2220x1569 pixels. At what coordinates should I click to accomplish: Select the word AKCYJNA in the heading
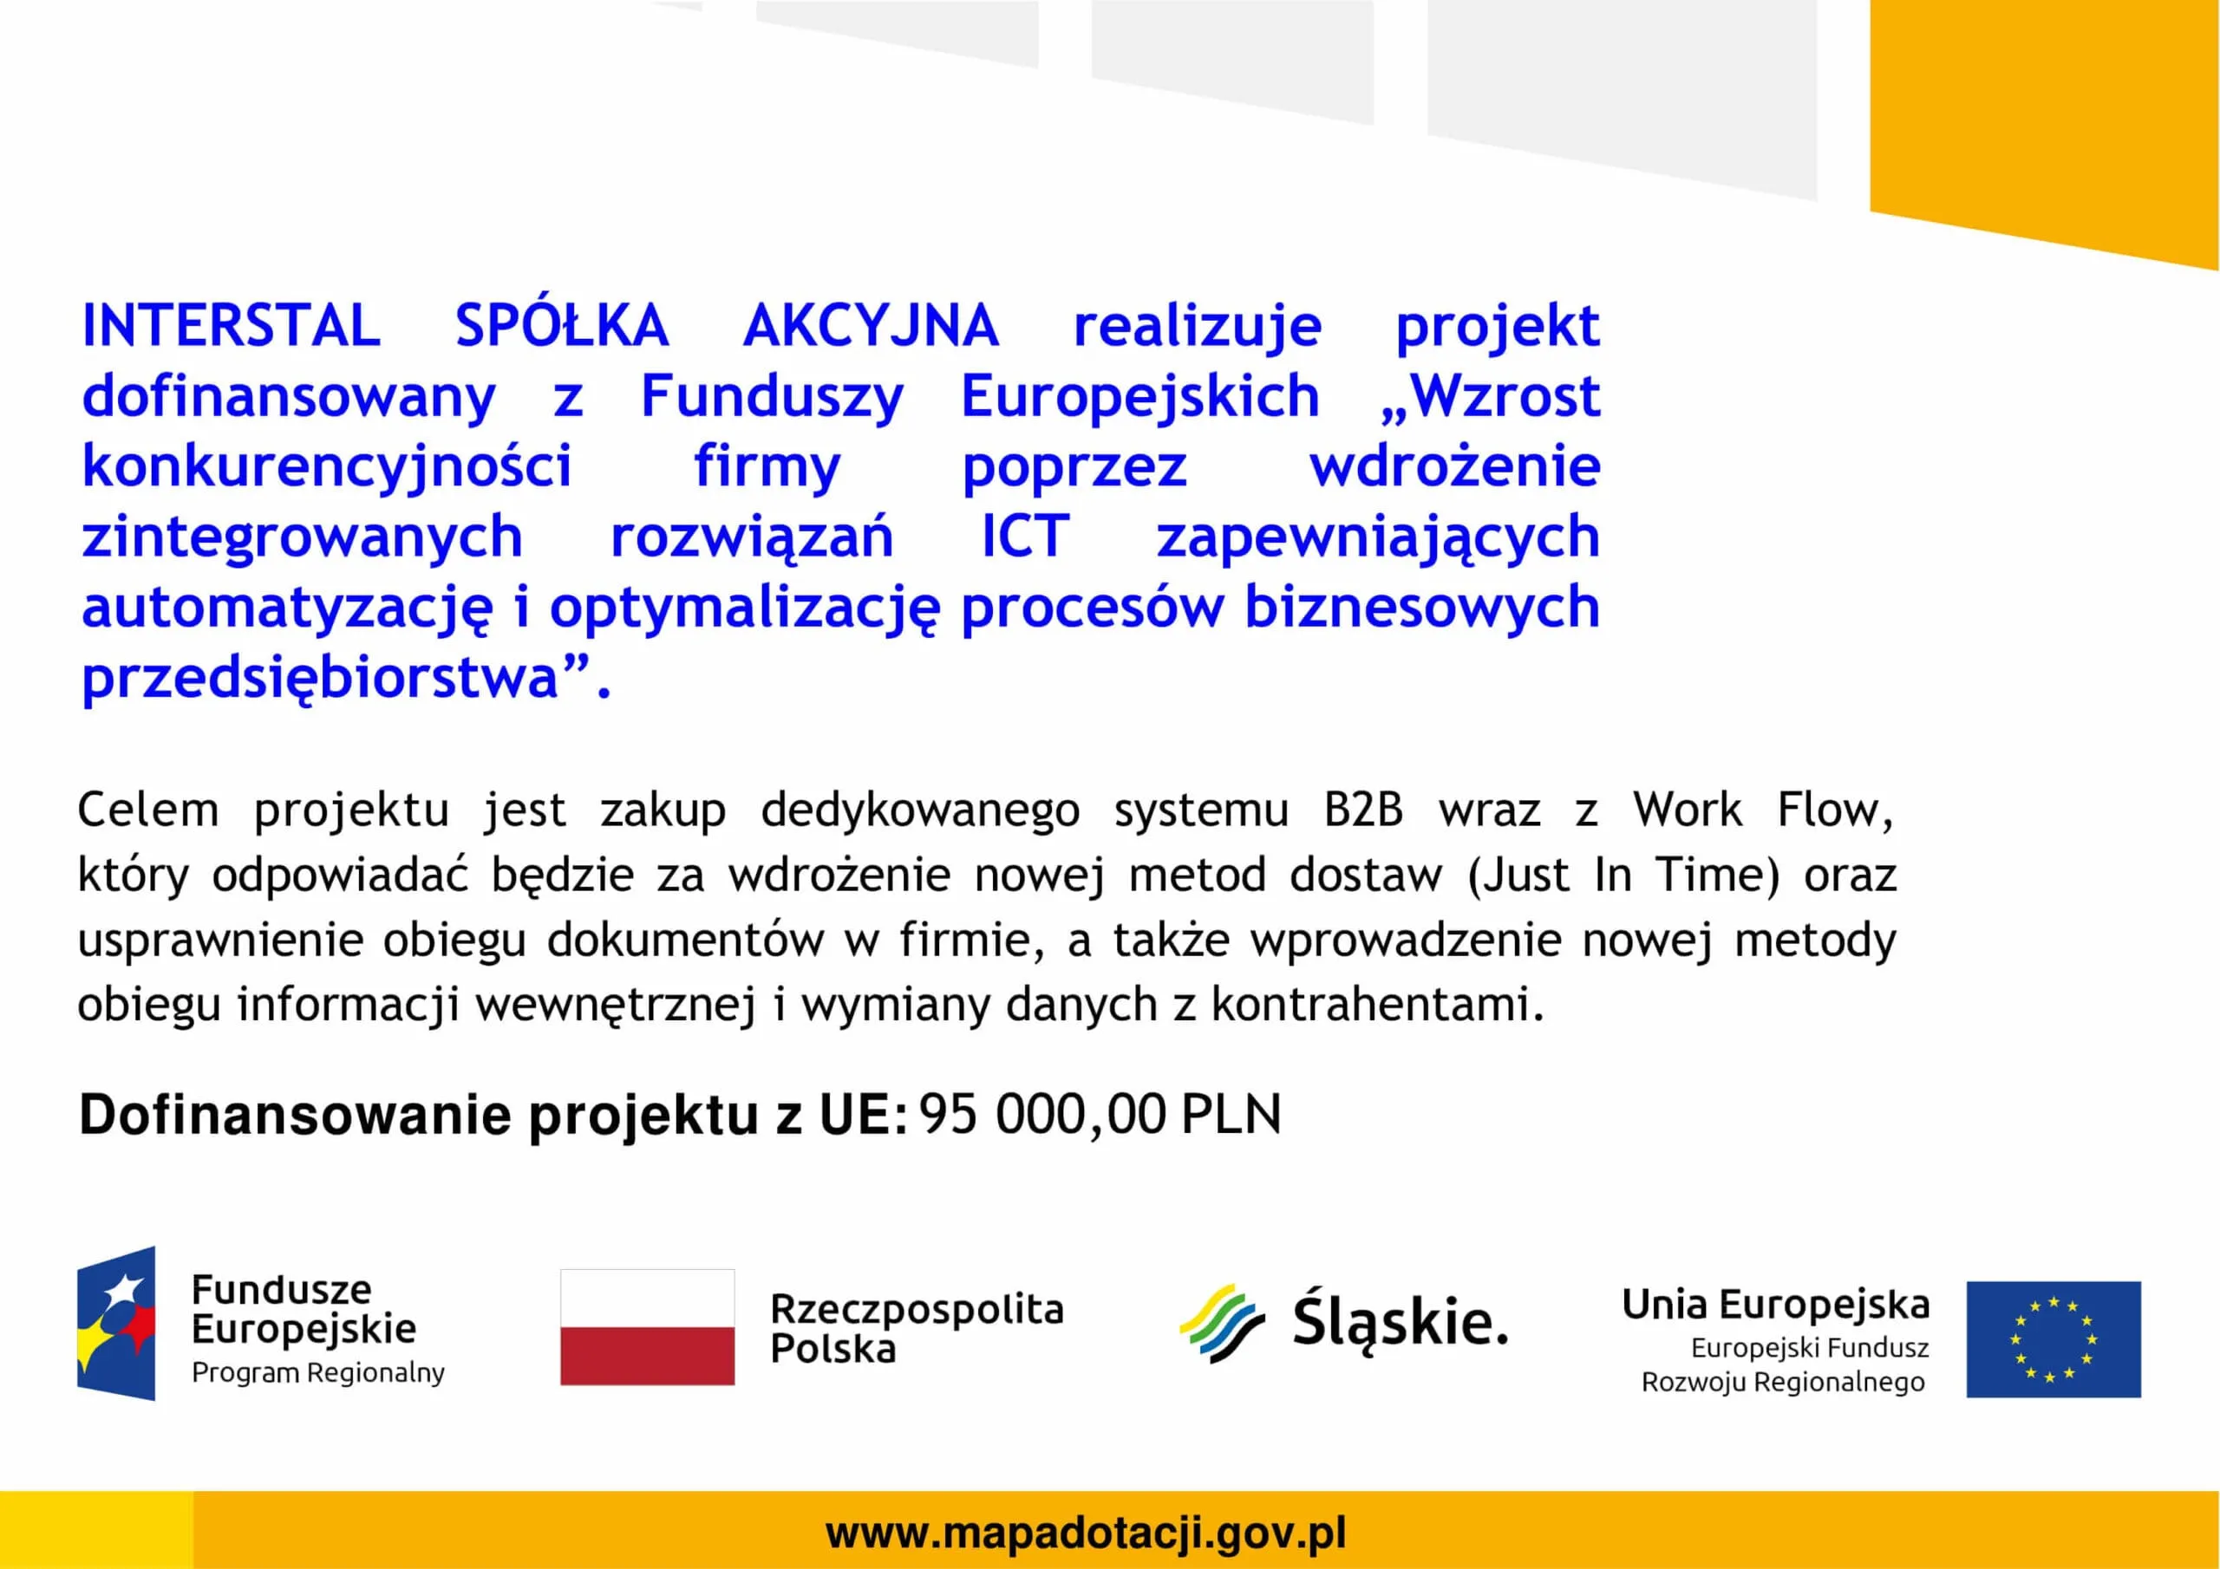point(870,325)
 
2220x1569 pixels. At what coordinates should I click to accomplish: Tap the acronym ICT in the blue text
point(1025,537)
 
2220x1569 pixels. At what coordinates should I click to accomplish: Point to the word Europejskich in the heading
point(1140,397)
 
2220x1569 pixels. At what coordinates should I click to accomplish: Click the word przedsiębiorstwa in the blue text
point(321,678)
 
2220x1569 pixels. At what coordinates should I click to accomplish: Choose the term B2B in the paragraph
point(1363,811)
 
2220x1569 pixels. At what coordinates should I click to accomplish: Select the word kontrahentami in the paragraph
point(1378,1005)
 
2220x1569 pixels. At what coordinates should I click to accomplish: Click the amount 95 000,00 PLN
point(1100,1115)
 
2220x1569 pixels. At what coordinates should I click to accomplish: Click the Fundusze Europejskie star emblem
point(116,1323)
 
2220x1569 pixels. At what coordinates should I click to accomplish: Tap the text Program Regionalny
point(318,1373)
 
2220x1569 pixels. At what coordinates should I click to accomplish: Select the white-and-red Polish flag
point(648,1327)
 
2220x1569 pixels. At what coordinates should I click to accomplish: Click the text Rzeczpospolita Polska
point(917,1328)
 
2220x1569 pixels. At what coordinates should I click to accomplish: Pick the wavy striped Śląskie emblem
point(1222,1324)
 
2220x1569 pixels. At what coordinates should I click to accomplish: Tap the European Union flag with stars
point(2053,1339)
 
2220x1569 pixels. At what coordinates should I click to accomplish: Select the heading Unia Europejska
point(1775,1305)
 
